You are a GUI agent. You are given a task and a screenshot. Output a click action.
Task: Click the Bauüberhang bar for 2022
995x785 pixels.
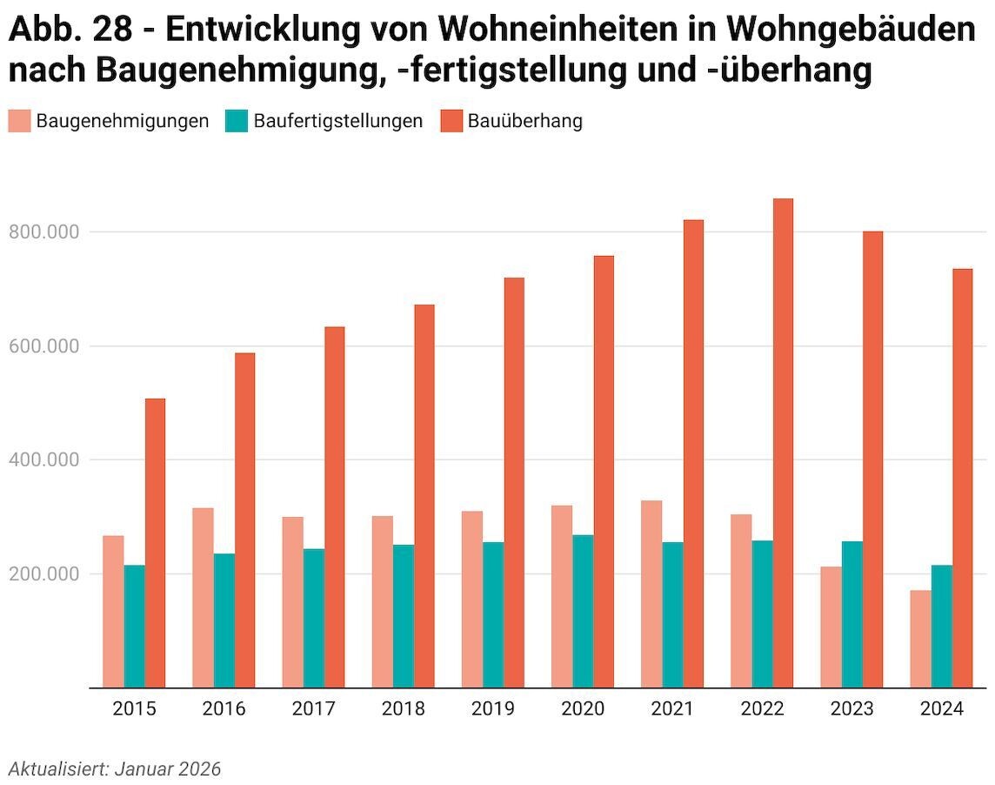pyautogui.click(x=783, y=443)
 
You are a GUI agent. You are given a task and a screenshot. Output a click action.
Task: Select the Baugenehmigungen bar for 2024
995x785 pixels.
pyautogui.click(x=921, y=639)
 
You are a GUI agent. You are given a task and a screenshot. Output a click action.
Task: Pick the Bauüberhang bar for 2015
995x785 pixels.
pyautogui.click(x=155, y=543)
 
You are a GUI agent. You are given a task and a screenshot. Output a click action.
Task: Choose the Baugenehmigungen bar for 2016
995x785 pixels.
pyautogui.click(x=203, y=598)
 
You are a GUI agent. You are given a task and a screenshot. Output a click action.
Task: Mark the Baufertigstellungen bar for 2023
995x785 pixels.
pyautogui.click(x=852, y=614)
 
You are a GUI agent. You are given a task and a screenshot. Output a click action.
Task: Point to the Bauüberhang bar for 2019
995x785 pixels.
pyautogui.click(x=514, y=483)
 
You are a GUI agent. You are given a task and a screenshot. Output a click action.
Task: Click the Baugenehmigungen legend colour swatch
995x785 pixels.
pyautogui.click(x=19, y=121)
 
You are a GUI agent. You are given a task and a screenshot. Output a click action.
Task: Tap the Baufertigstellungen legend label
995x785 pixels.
pyautogui.click(x=338, y=121)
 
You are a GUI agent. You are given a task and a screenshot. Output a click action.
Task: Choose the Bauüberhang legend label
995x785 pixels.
pyautogui.click(x=525, y=121)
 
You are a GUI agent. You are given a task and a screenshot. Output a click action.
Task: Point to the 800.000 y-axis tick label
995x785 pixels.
pyautogui.click(x=43, y=232)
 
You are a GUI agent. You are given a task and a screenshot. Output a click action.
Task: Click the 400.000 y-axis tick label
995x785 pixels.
pyautogui.click(x=43, y=460)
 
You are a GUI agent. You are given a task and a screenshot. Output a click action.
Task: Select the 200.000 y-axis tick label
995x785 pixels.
pyautogui.click(x=43, y=574)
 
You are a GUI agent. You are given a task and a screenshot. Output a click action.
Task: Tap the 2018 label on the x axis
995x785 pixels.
pyautogui.click(x=404, y=709)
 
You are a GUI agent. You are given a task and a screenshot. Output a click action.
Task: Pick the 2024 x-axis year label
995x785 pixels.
pyautogui.click(x=942, y=709)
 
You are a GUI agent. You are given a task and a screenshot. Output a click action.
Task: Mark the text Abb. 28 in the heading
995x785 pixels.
pyautogui.click(x=71, y=30)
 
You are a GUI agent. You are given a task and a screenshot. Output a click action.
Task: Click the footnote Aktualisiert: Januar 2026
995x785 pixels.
pyautogui.click(x=115, y=769)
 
